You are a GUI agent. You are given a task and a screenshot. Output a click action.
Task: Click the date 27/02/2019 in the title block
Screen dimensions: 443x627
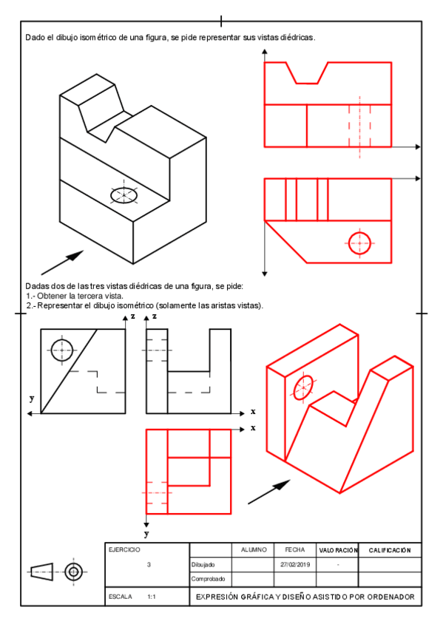pos(295,565)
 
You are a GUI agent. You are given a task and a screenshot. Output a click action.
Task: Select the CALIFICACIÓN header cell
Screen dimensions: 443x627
pos(390,551)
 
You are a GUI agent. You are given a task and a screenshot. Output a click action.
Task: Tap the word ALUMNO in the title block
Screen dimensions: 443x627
pos(254,550)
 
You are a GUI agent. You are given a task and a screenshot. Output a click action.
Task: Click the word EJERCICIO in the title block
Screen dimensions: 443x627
pos(124,550)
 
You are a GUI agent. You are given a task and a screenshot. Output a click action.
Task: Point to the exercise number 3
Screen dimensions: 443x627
pos(149,565)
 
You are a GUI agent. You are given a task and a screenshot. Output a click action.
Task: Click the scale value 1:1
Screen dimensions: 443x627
pos(152,597)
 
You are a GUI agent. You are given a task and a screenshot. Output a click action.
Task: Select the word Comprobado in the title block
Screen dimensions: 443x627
pos(208,579)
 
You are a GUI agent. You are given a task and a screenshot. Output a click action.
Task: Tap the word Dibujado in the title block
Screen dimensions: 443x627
pos(203,565)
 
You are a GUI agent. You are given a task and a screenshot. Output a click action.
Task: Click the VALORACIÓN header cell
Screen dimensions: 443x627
pos(338,551)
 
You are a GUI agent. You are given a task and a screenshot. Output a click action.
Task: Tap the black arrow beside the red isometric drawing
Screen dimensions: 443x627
pos(269,492)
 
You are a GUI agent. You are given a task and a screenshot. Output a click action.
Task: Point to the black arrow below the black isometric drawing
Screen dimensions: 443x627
pos(62,262)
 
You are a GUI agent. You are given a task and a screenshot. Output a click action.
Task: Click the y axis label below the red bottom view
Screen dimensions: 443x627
pos(146,535)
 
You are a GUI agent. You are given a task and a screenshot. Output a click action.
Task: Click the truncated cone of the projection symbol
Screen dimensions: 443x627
pos(42,572)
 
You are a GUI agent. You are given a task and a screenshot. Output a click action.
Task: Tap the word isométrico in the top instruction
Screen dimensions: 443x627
pos(98,38)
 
